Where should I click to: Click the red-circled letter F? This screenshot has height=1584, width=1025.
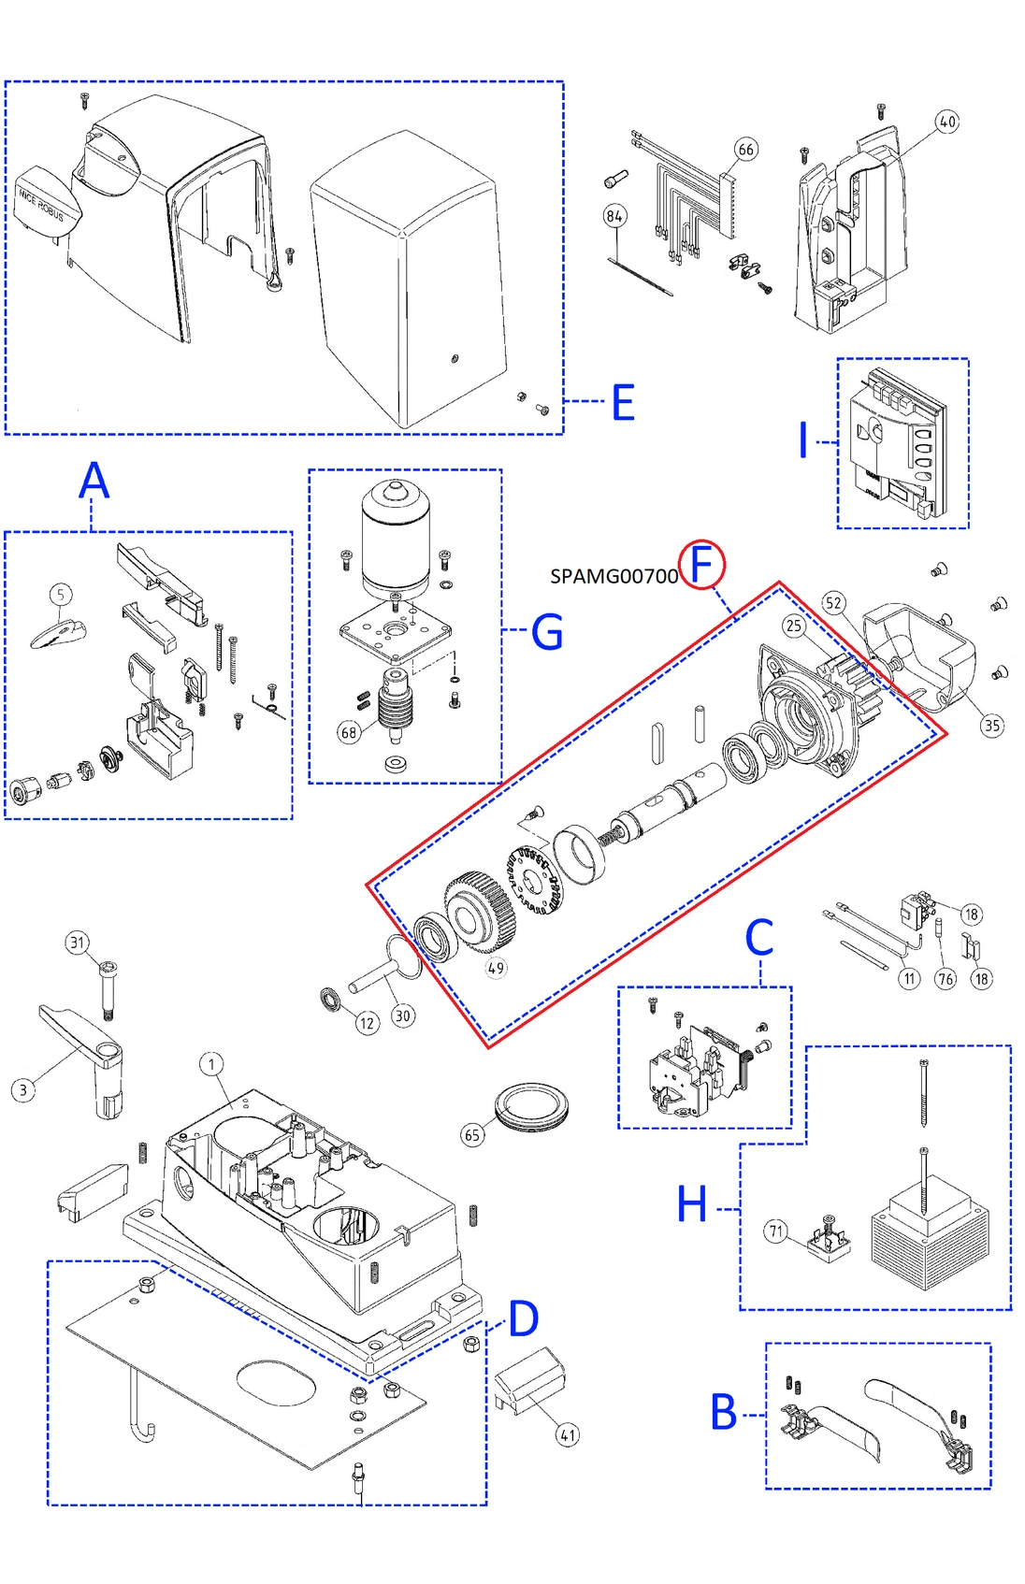click(701, 565)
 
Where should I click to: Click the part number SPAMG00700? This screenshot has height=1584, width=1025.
click(614, 577)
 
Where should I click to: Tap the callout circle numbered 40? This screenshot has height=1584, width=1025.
click(947, 122)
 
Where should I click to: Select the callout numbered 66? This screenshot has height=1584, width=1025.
click(745, 150)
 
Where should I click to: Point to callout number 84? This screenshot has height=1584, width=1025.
click(614, 216)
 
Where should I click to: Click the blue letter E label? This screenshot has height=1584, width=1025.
click(623, 403)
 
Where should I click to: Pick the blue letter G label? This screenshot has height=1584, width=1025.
click(546, 632)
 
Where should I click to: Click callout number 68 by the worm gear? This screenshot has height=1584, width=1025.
click(349, 732)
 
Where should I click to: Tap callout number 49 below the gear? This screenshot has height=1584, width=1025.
click(496, 969)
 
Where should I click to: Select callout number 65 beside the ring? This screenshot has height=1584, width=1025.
click(472, 1135)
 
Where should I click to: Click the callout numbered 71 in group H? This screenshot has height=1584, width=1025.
click(775, 1231)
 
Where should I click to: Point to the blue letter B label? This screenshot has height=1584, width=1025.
click(724, 1412)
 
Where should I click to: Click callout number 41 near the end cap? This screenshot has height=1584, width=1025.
click(568, 1434)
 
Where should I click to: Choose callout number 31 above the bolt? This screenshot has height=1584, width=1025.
click(78, 943)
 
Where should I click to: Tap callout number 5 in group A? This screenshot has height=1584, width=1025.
click(61, 595)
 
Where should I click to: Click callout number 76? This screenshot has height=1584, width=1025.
click(946, 979)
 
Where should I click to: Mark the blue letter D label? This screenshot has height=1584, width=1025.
click(523, 1318)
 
